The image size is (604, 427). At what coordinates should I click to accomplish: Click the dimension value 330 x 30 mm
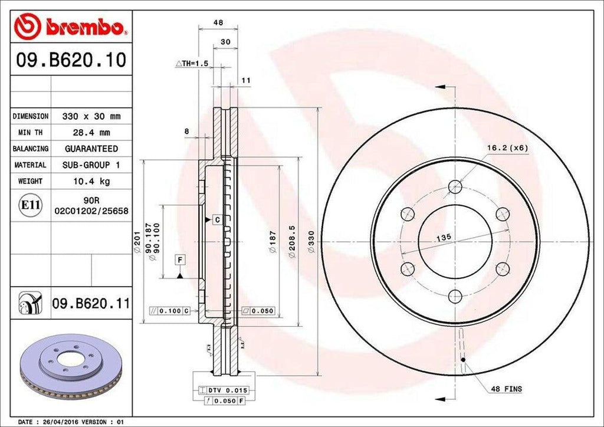click(92, 117)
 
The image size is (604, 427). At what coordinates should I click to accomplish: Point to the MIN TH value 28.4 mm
click(92, 133)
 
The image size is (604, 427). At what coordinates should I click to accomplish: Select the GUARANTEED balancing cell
click(92, 149)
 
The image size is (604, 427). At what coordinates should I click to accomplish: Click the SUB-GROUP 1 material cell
click(92, 165)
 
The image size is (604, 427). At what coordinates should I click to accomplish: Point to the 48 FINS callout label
click(506, 389)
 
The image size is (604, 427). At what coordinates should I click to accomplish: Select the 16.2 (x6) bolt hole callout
click(507, 147)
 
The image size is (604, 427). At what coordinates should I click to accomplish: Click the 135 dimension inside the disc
click(444, 236)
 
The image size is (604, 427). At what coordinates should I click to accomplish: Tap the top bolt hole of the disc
click(455, 186)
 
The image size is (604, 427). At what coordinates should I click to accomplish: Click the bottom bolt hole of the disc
click(455, 297)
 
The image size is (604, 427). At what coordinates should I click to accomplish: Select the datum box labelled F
click(179, 259)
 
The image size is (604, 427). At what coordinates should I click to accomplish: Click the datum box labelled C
click(216, 219)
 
